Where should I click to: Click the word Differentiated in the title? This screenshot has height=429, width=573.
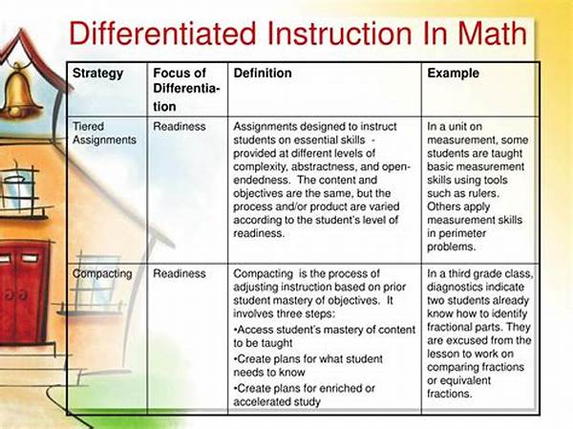(162, 33)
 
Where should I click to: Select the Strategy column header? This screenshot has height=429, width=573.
(98, 74)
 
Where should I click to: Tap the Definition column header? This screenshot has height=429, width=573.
(263, 74)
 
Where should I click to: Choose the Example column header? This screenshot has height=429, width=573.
(453, 74)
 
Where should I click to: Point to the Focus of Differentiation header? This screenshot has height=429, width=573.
(186, 90)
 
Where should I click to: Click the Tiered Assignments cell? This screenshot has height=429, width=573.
(104, 133)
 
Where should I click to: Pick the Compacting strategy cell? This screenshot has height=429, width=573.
(102, 274)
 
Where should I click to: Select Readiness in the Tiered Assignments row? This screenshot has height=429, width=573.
(180, 126)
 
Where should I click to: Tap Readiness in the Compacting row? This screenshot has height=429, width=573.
(180, 273)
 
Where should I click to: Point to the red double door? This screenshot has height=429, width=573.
(23, 291)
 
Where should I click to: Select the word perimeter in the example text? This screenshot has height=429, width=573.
(462, 234)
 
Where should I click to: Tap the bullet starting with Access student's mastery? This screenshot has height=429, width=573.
(325, 336)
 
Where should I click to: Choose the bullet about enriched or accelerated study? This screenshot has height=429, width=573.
(305, 395)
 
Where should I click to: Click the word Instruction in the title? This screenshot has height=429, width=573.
(339, 33)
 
